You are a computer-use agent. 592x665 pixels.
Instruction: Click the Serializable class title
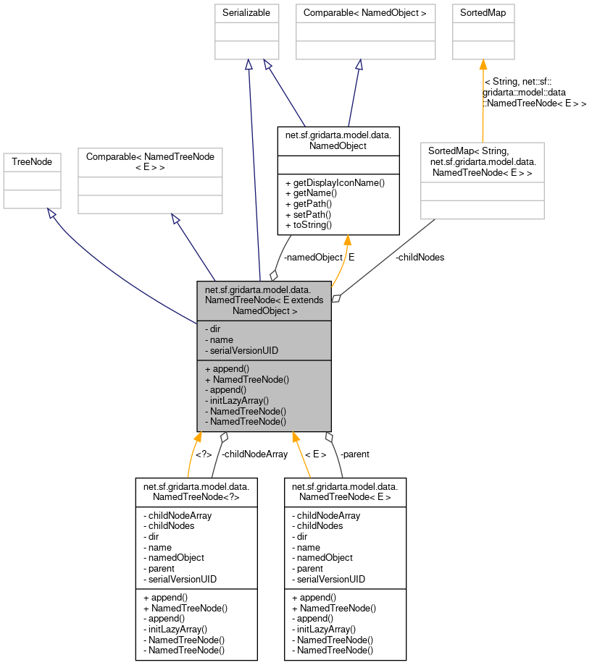click(x=249, y=13)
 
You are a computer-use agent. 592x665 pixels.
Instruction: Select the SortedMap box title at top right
click(x=483, y=13)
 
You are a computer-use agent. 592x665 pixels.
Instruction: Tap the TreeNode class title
click(x=32, y=162)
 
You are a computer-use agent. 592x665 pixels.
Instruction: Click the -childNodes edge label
click(x=420, y=257)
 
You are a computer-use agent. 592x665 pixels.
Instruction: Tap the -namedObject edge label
click(x=312, y=257)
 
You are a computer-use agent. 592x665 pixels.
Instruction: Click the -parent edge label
click(x=354, y=454)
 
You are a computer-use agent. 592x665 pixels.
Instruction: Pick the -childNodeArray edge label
click(x=254, y=454)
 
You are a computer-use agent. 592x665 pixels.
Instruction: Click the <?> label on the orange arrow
click(x=204, y=454)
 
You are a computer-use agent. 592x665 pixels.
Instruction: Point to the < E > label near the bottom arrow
click(x=315, y=454)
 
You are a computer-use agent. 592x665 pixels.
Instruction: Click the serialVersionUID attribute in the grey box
click(x=242, y=350)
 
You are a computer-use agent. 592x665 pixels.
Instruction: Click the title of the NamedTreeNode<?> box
click(x=196, y=492)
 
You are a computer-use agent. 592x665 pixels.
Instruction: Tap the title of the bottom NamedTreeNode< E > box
click(x=345, y=492)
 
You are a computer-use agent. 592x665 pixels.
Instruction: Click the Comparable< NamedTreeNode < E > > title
click(x=150, y=161)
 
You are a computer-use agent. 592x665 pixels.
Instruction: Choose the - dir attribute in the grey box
click(x=214, y=329)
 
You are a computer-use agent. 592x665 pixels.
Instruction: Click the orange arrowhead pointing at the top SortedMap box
click(x=483, y=65)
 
